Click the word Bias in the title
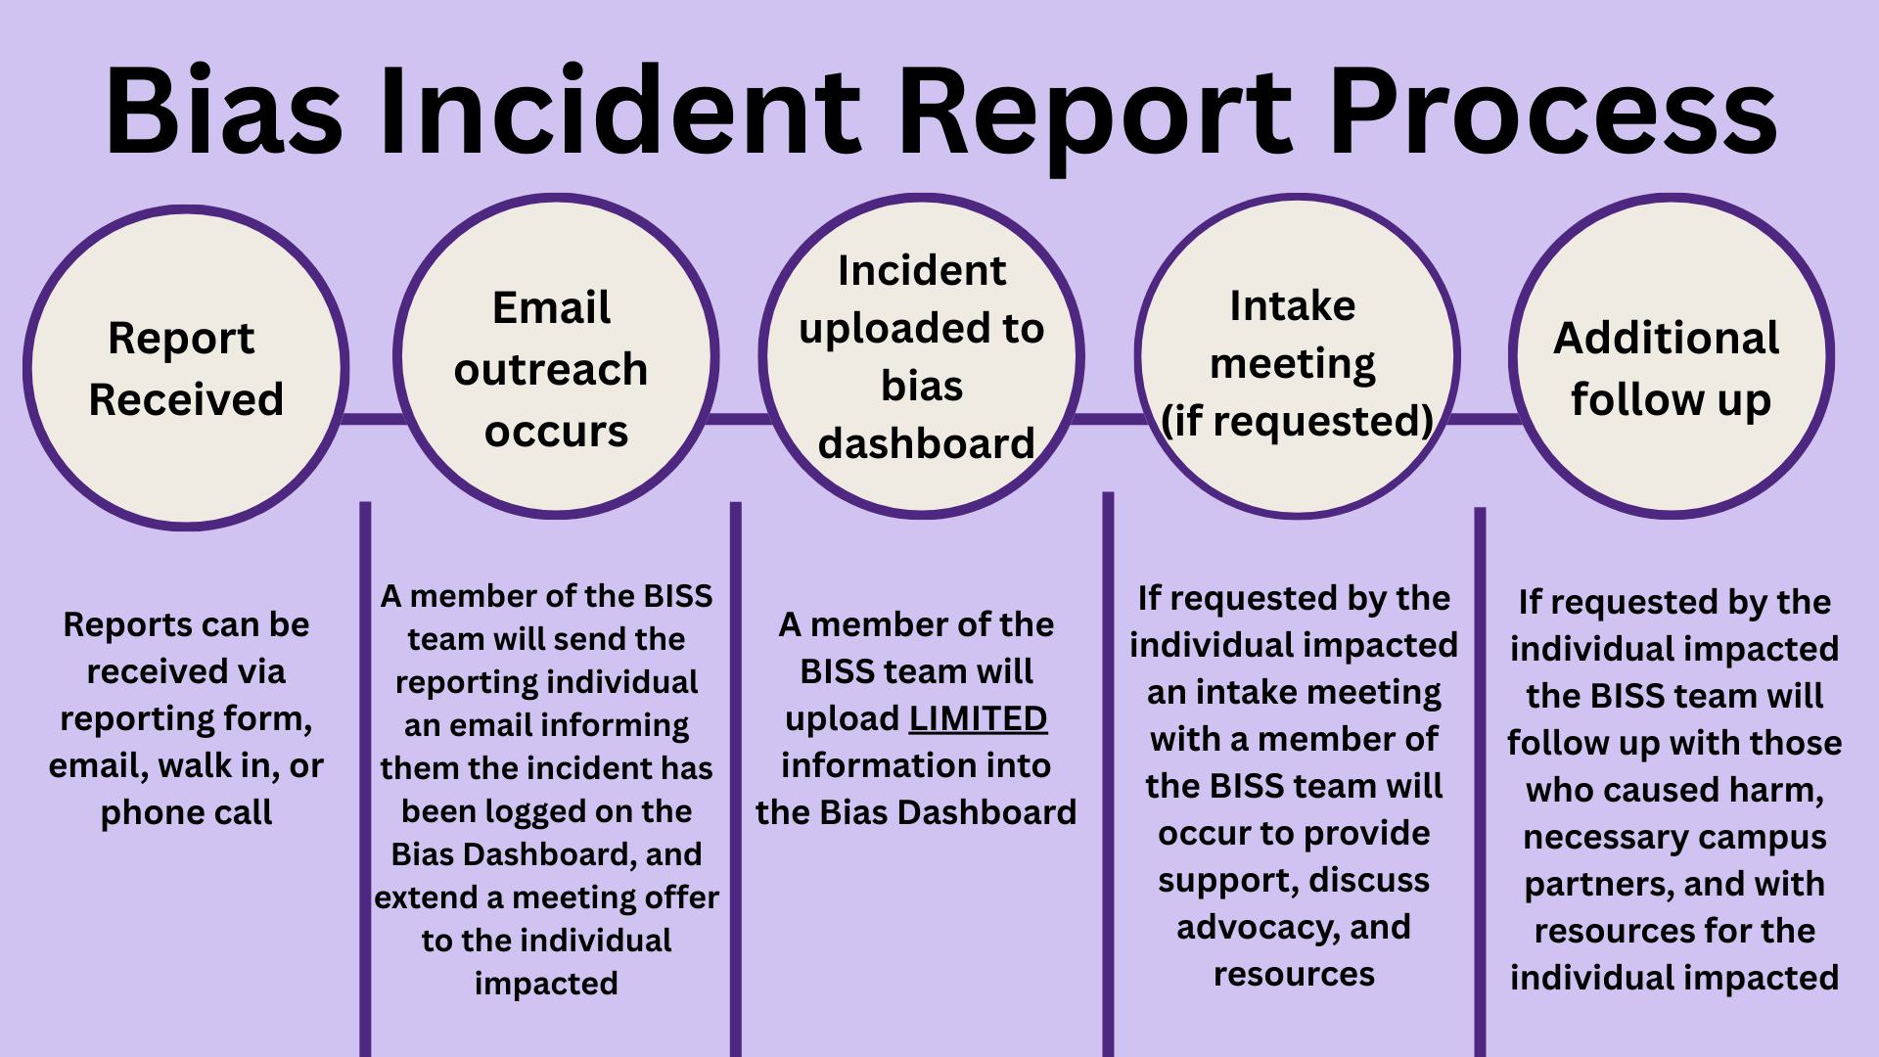223,110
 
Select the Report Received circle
186,368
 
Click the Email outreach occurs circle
556,356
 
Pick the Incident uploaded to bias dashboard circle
922,356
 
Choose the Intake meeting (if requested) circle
1297,356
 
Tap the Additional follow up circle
1672,356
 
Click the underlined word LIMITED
978,718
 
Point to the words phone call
186,812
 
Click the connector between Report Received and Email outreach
373,419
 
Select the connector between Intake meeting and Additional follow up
1485,419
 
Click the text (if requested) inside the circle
1297,421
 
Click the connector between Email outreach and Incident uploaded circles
739,419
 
